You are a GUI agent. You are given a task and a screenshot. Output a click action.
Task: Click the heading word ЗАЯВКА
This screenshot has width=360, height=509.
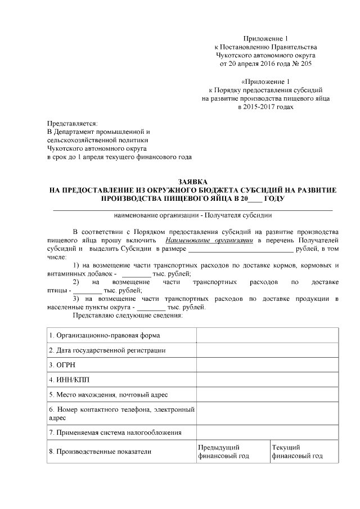click(193, 182)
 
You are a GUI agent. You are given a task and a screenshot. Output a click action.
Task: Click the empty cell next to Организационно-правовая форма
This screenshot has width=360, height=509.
click(267, 335)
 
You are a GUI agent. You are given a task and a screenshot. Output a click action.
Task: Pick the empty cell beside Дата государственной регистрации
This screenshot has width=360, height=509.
click(267, 350)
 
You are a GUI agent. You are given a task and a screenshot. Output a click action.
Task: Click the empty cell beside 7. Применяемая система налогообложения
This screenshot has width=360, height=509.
click(267, 433)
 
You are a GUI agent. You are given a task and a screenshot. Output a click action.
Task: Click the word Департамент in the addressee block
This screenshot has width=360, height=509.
click(82, 132)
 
